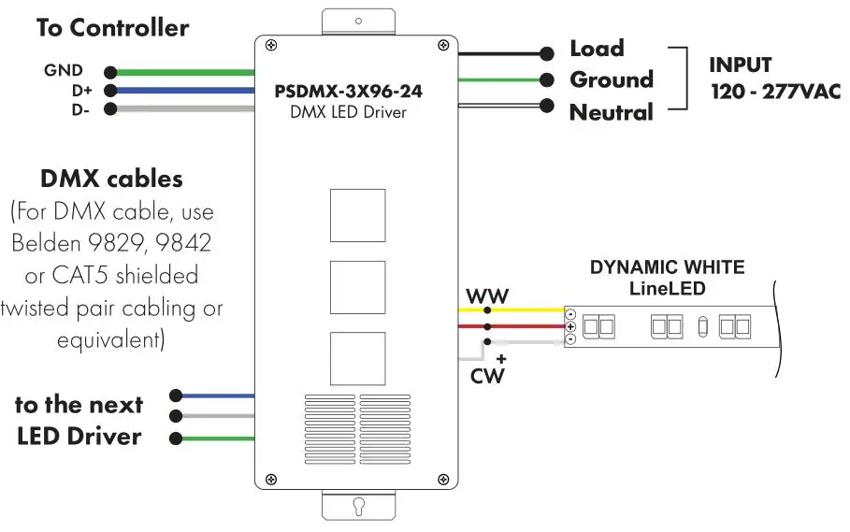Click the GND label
coord(63,71)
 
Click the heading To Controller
coord(112,28)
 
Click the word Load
coord(597,49)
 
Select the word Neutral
coord(611,113)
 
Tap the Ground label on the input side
coord(611,80)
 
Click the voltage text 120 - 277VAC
coord(774,92)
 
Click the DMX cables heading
coord(111,179)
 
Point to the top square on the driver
coord(357,215)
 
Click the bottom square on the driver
coord(357,357)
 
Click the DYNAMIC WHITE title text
coord(667,267)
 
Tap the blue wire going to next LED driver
coord(215,396)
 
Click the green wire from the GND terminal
coord(182,72)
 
